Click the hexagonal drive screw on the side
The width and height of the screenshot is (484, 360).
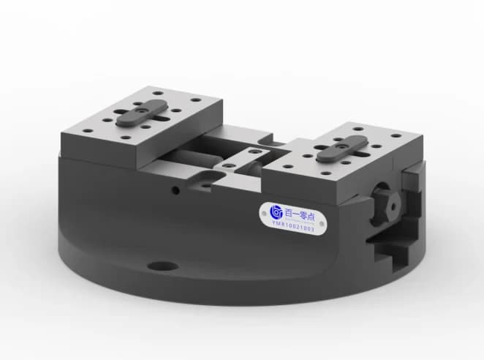(x=385, y=202)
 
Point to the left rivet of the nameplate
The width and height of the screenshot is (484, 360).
(x=266, y=214)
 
